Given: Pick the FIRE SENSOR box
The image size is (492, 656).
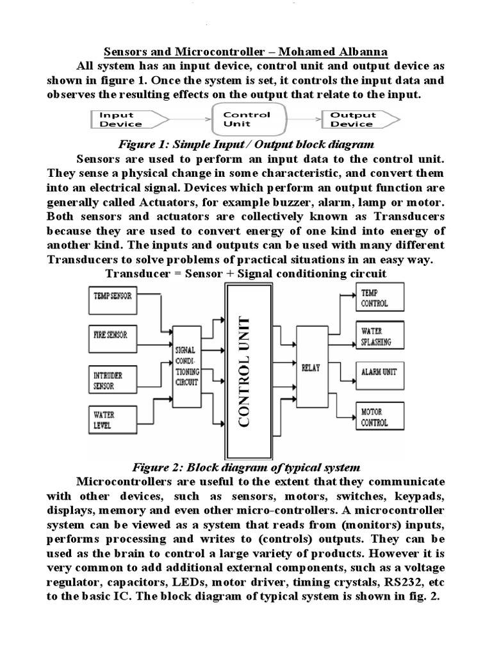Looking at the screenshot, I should click(x=112, y=336).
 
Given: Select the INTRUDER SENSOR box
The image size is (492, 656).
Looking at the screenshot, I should click(x=112, y=381).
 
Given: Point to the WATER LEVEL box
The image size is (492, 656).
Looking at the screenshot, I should click(x=112, y=419).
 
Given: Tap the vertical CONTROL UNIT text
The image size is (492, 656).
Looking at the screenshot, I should click(x=247, y=372).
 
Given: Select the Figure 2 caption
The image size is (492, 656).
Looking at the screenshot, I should click(x=246, y=467).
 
